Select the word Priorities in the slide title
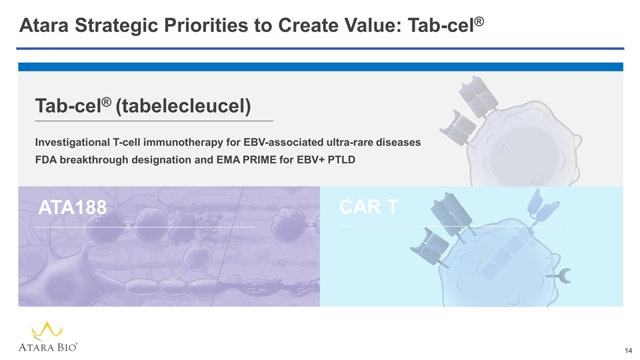click(x=206, y=25)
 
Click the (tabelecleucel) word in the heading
click(x=183, y=106)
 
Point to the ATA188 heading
click(x=72, y=207)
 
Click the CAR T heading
click(x=369, y=207)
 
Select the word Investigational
click(x=72, y=143)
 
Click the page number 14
click(x=628, y=351)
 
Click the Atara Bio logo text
click(x=48, y=347)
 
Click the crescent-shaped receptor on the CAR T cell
click(x=566, y=275)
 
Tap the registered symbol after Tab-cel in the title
click(x=479, y=21)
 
